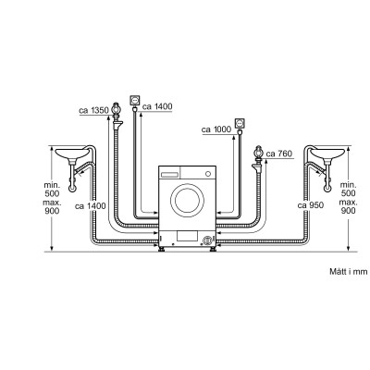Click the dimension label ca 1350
[x=92, y=111]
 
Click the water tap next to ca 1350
[x=117, y=108]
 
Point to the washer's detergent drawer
[x=170, y=174]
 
